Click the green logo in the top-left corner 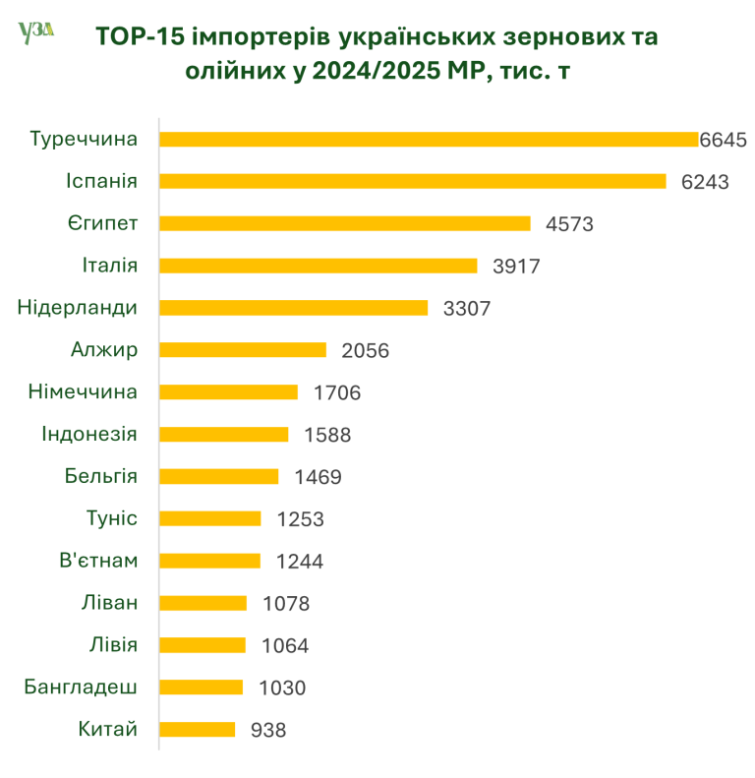tap(35, 33)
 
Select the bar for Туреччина tap(428, 140)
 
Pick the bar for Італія tap(318, 266)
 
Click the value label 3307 tap(467, 308)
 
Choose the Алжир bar tap(242, 350)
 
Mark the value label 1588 tap(327, 435)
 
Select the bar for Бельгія tap(218, 476)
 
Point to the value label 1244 tap(300, 562)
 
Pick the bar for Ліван tap(203, 603)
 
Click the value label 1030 tap(282, 688)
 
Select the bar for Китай tap(197, 729)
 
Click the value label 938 tap(269, 731)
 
